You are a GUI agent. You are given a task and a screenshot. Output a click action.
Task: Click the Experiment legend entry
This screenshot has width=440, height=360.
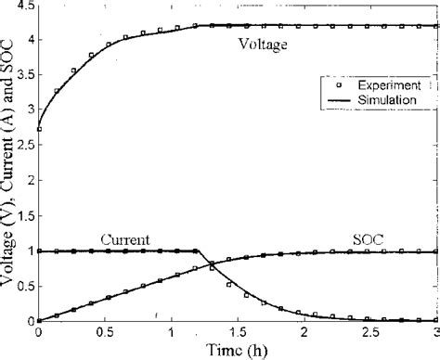[x=382, y=84]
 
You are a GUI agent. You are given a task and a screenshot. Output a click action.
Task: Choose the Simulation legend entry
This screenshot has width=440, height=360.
[x=382, y=97]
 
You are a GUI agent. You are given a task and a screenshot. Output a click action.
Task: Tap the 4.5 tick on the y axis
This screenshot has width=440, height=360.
[x=24, y=6]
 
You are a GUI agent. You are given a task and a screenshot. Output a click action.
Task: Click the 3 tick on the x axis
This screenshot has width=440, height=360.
[x=434, y=330]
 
